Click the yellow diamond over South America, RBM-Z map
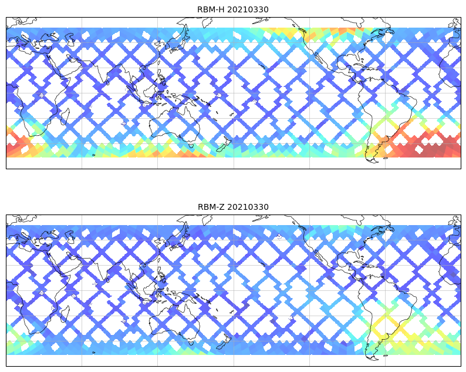388,326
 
